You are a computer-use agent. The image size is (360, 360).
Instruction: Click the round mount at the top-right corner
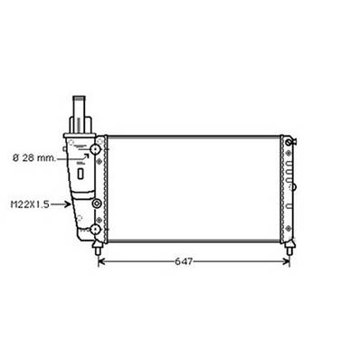pyautogui.click(x=289, y=140)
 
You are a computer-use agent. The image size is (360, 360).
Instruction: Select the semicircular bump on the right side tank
pyautogui.click(x=294, y=185)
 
